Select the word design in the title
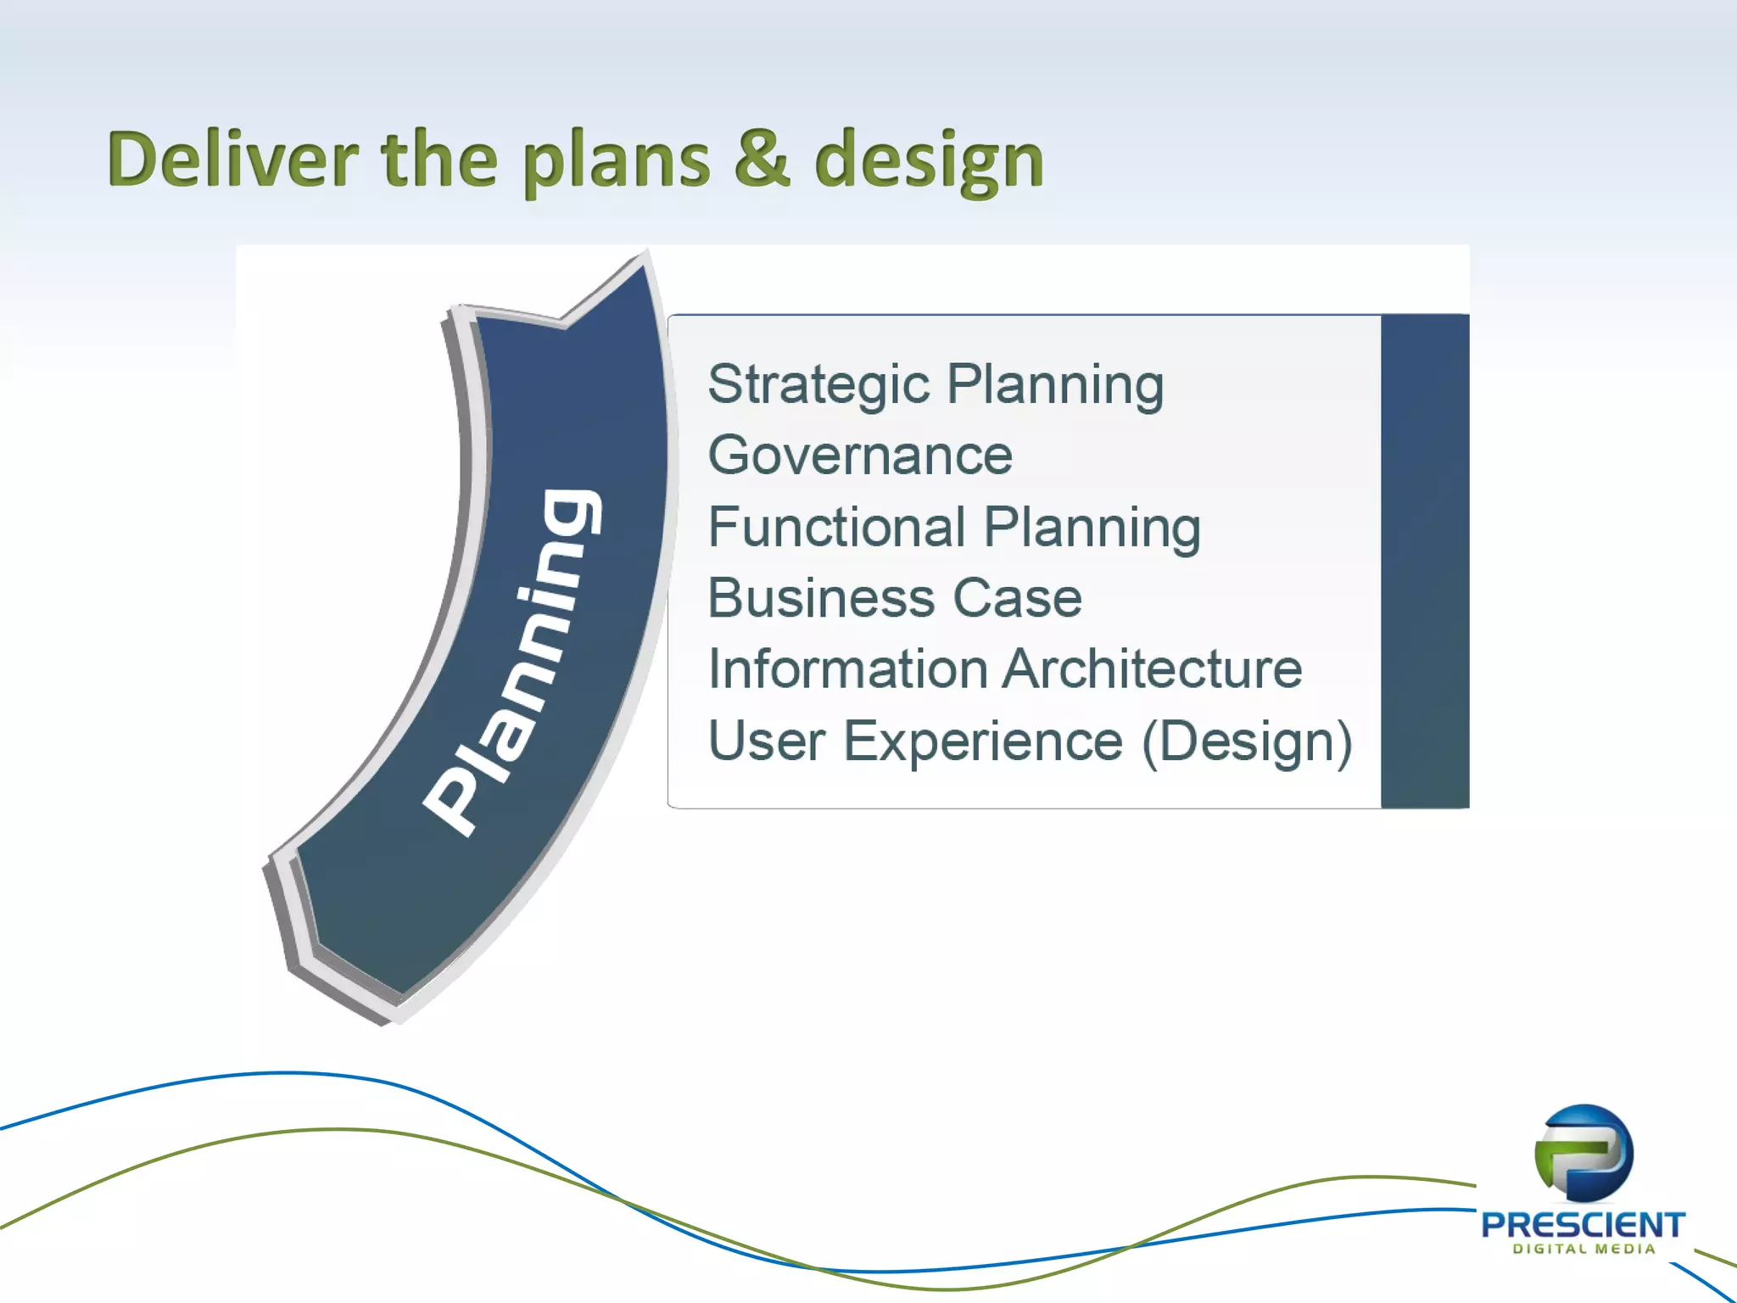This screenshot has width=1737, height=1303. click(x=929, y=161)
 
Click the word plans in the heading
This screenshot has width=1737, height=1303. click(x=616, y=161)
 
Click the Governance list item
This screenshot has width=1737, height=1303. click(x=859, y=456)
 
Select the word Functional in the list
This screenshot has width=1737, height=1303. click(x=836, y=527)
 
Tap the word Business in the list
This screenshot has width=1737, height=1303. click(x=820, y=598)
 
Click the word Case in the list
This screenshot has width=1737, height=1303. click(x=1017, y=598)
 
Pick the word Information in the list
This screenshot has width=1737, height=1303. click(x=848, y=669)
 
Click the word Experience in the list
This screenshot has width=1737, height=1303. click(x=983, y=741)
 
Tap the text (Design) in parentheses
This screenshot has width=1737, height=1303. click(x=1247, y=741)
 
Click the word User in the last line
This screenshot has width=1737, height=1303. click(x=767, y=741)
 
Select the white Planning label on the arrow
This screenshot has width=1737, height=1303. click(x=514, y=662)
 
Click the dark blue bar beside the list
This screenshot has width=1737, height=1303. click(x=1424, y=561)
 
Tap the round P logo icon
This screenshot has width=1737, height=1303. click(x=1583, y=1153)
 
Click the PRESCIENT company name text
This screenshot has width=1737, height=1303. click(x=1583, y=1224)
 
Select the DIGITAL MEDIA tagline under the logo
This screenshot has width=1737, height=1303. click(x=1583, y=1249)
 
